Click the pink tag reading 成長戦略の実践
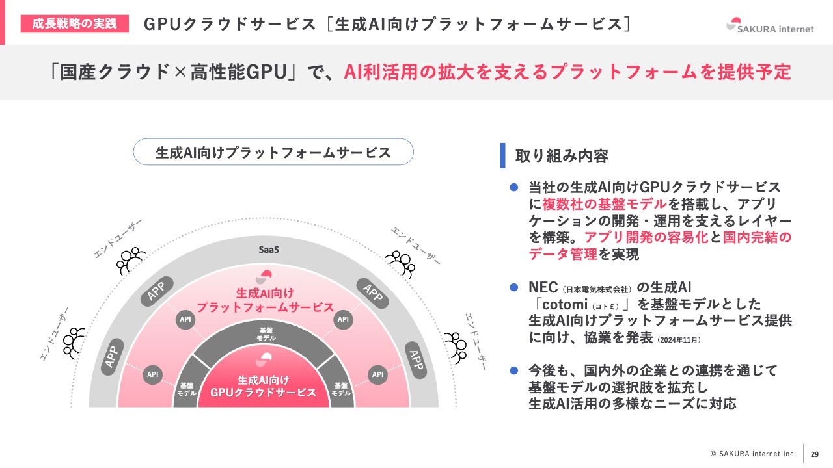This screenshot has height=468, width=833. [x=74, y=24]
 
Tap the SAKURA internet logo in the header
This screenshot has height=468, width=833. [x=770, y=26]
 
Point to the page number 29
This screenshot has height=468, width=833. [x=815, y=454]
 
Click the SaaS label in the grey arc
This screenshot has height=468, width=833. [x=269, y=250]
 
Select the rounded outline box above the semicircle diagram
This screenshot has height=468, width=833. [x=273, y=152]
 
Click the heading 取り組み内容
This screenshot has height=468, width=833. [x=562, y=156]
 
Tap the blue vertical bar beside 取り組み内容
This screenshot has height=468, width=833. [x=503, y=155]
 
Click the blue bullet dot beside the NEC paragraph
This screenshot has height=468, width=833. [x=514, y=287]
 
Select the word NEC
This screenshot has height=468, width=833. [x=543, y=287]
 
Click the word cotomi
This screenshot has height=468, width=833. [x=565, y=305]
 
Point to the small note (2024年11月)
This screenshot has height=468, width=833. [x=679, y=340]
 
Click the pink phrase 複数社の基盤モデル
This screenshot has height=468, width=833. [x=605, y=204]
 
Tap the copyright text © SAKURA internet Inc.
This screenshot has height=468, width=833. [x=753, y=454]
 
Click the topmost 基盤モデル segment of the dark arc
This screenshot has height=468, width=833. [x=266, y=334]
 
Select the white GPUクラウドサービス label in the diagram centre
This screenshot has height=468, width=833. [x=264, y=393]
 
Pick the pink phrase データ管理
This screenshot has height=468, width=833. [x=563, y=254]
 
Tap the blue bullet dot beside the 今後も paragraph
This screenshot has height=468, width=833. [x=514, y=370]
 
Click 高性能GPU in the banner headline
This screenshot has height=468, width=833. [x=239, y=71]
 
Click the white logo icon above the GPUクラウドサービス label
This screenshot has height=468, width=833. [x=264, y=359]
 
